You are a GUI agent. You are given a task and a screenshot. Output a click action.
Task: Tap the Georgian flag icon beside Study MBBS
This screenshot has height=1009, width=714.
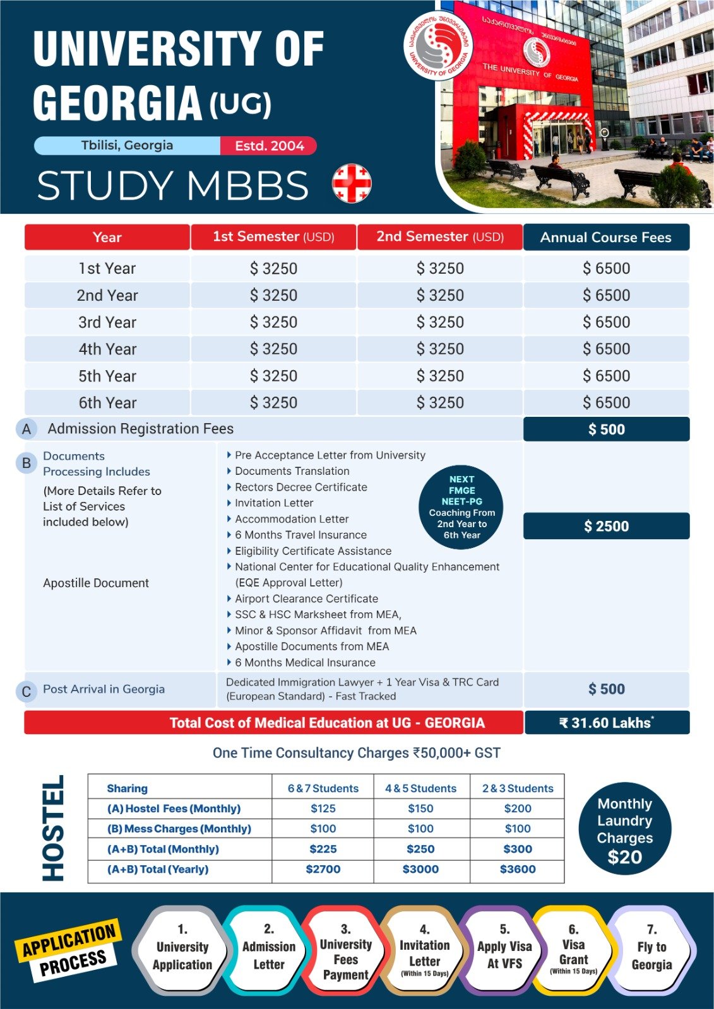[x=352, y=184]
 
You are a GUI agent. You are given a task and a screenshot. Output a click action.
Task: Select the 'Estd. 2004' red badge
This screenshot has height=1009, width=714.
[x=269, y=146]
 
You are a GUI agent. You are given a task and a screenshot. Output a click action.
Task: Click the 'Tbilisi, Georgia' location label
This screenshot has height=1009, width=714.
[x=127, y=146]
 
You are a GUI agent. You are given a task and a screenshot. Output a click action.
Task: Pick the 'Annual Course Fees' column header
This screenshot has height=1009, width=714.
[x=605, y=238]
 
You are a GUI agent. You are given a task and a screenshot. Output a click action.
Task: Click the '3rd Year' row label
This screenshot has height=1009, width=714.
[x=107, y=322]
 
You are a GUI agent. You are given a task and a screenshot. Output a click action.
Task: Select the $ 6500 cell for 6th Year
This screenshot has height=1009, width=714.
[x=606, y=402]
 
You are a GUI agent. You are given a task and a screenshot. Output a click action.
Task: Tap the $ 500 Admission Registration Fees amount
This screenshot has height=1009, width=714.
[x=606, y=429]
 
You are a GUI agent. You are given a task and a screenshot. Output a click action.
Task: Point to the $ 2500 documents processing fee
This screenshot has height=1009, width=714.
[x=606, y=526]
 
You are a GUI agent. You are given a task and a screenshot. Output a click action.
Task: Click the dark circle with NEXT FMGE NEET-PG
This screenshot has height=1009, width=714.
[x=461, y=507]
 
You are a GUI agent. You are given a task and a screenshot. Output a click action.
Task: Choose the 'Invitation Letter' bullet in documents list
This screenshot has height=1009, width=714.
[x=274, y=503]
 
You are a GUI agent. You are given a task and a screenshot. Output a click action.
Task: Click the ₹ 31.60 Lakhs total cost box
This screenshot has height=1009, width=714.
[x=606, y=723]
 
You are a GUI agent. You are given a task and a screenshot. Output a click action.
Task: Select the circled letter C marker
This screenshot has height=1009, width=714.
[x=27, y=692]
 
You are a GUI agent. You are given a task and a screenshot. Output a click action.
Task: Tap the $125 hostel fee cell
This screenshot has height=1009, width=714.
[x=323, y=808]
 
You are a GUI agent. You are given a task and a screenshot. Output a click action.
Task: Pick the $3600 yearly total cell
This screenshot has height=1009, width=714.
[x=517, y=869]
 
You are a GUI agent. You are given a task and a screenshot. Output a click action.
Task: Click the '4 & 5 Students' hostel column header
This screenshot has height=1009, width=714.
[x=420, y=788]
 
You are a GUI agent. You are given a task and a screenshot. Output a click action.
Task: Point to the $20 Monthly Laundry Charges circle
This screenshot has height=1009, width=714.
[x=624, y=829]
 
